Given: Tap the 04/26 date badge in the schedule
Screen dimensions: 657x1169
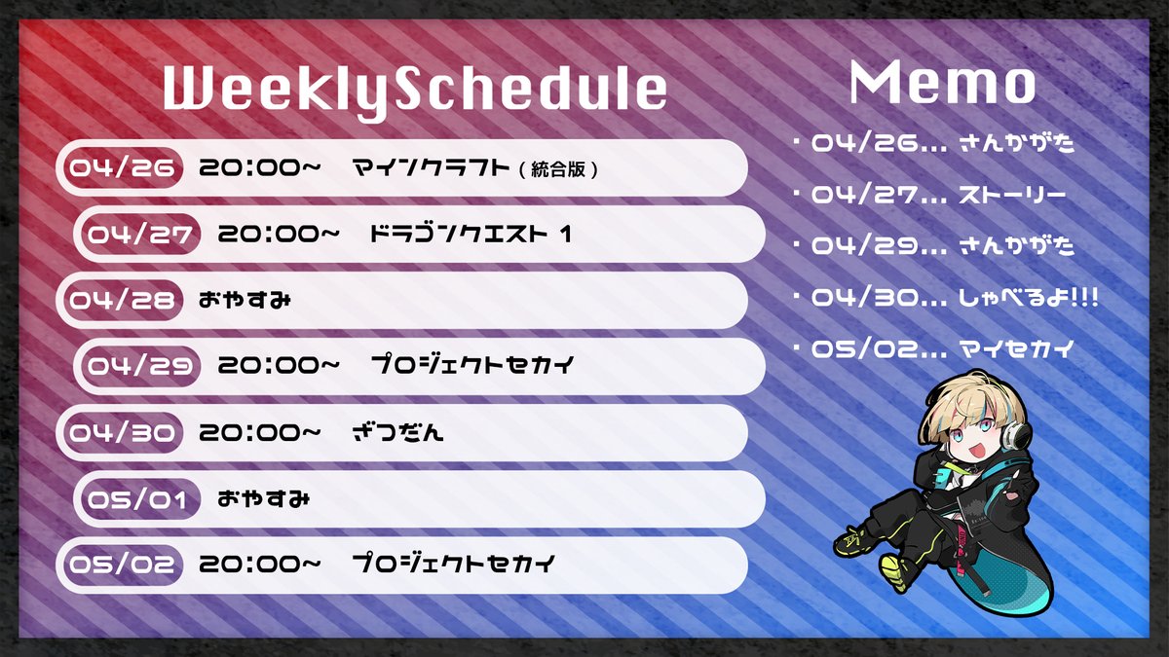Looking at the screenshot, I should point(122,168).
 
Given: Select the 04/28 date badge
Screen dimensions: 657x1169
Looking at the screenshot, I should point(122,300).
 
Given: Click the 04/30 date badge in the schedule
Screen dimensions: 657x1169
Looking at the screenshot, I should point(122,433).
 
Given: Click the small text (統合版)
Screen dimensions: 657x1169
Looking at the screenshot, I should point(558,169).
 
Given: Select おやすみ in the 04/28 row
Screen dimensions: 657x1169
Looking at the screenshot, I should point(245,300).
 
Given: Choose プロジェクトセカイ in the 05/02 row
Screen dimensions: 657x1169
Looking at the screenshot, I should point(453,565).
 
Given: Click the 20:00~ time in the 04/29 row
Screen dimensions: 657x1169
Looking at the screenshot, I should point(279,367).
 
